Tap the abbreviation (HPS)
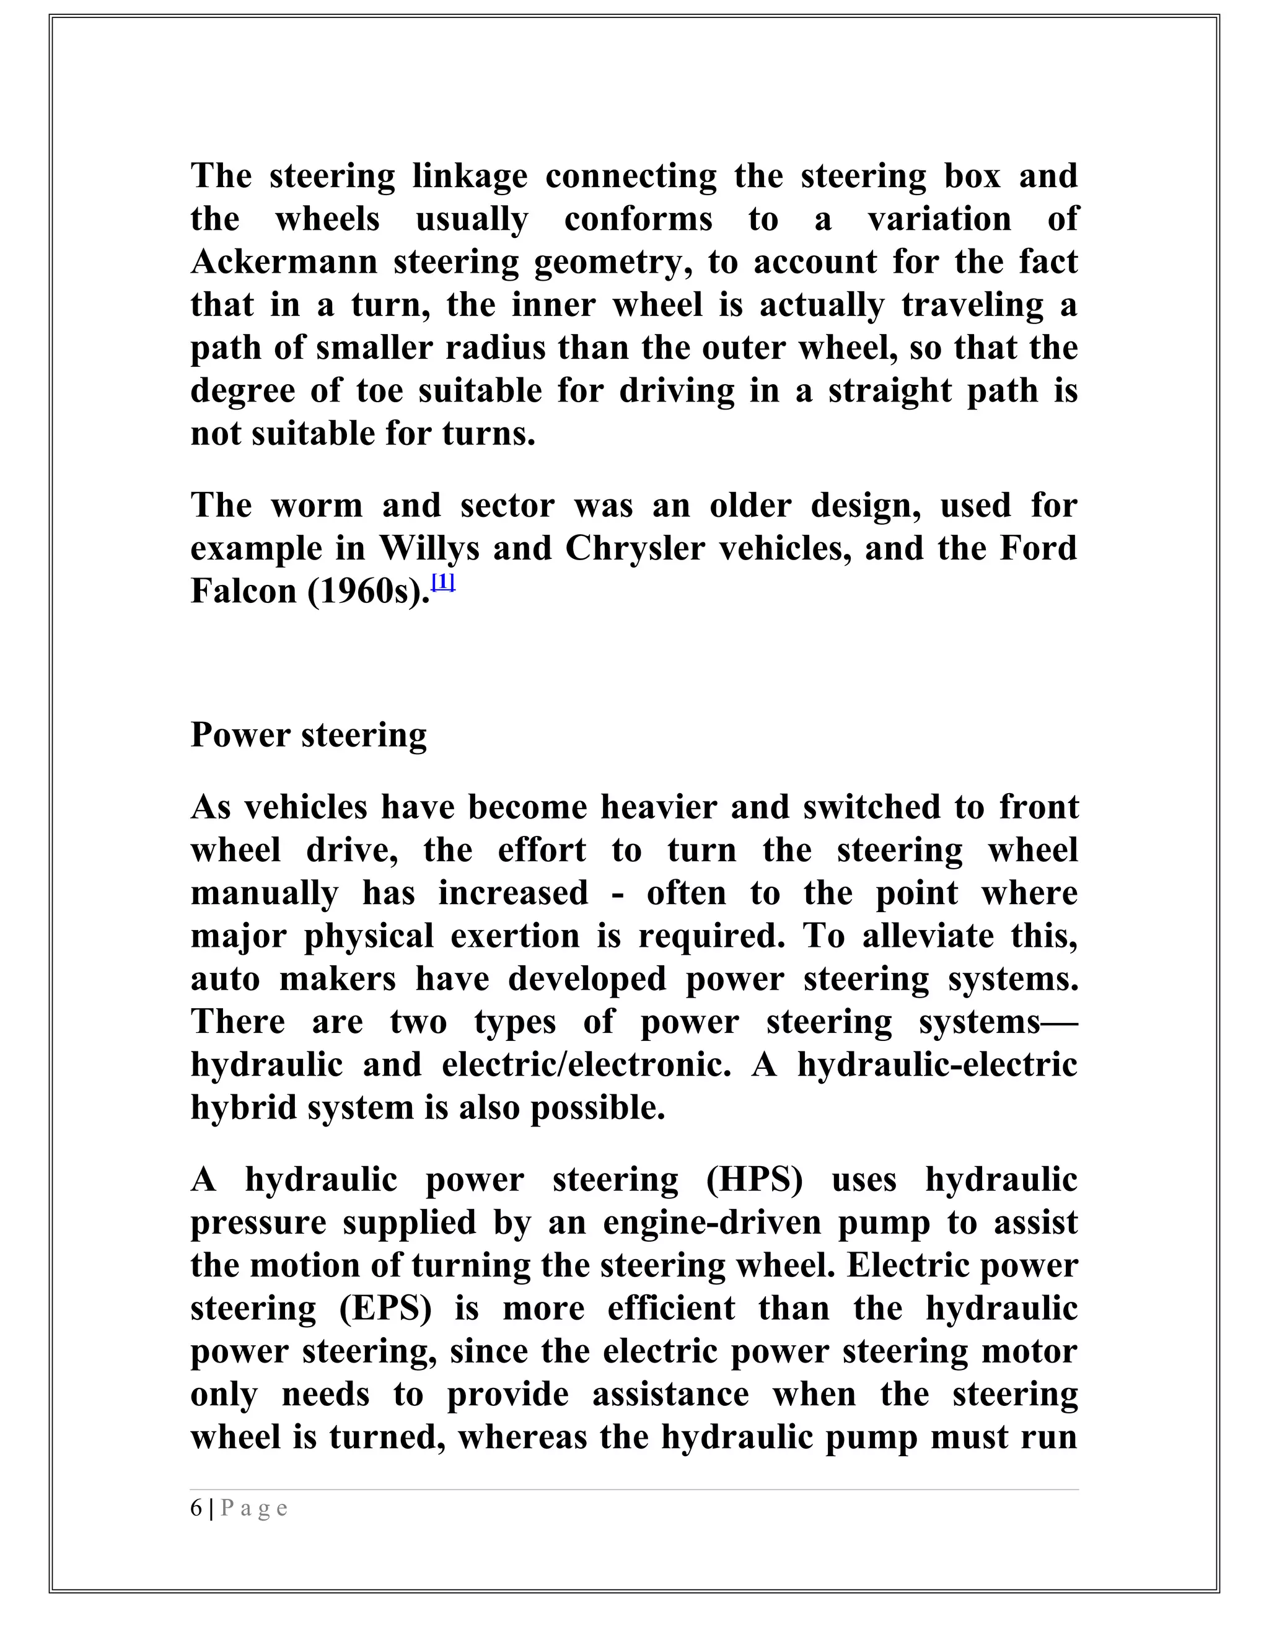click(755, 1180)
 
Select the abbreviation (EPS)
click(385, 1309)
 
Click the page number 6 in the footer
click(196, 1508)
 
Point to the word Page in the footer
click(254, 1509)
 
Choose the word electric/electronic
click(586, 1065)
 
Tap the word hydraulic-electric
click(937, 1065)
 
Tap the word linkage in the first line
click(470, 177)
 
